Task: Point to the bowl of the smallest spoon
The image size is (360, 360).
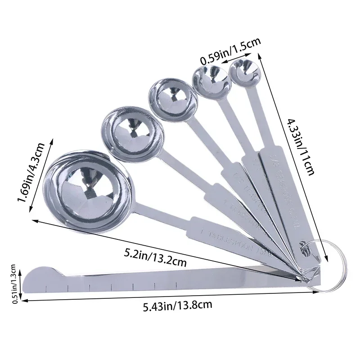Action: [243, 73]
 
